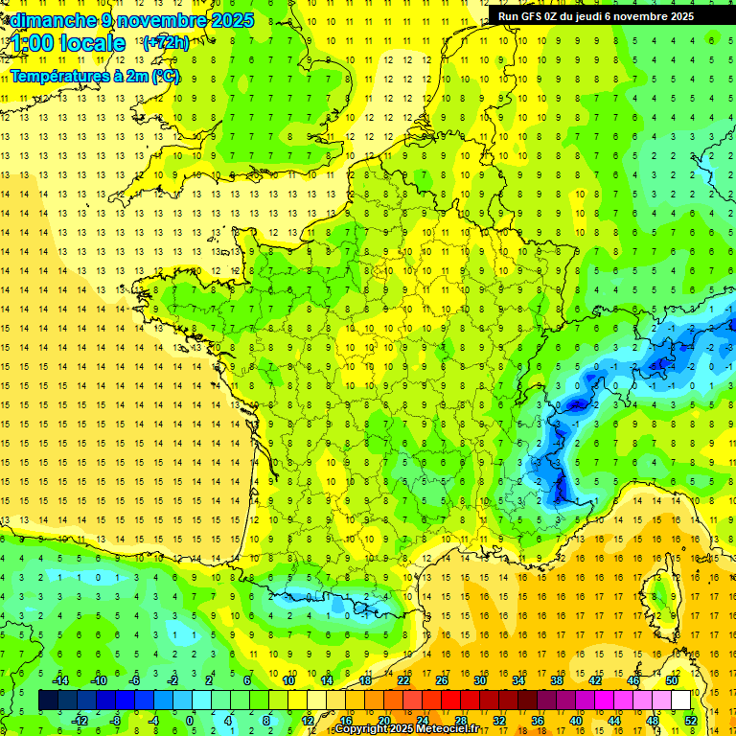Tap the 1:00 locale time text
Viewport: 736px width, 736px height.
point(69,43)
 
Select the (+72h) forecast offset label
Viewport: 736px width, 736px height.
point(165,43)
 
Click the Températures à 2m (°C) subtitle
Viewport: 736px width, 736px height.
point(95,76)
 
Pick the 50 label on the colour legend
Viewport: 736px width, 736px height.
point(671,680)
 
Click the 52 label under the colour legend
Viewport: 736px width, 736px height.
point(690,720)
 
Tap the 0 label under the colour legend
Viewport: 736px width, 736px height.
point(190,720)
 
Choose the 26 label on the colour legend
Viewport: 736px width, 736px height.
point(442,680)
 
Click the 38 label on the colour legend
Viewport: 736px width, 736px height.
point(556,680)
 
